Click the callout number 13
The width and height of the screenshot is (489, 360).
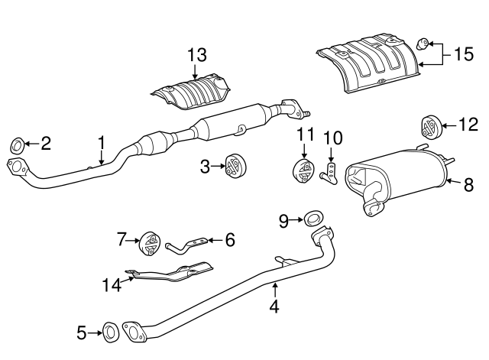point(196,54)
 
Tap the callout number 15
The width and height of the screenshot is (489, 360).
point(464,54)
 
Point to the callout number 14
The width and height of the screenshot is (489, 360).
point(112,285)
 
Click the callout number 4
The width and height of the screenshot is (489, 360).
point(274,308)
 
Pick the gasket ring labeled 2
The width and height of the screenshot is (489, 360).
point(17,143)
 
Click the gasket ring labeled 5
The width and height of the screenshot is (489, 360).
point(109,332)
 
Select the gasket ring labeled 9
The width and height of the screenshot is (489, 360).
point(313,220)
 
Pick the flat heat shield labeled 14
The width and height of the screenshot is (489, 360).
point(172,271)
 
